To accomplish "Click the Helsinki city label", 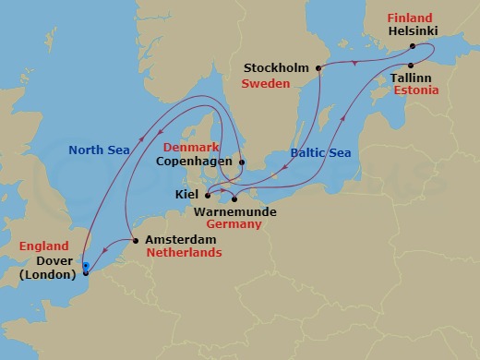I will (x=414, y=30).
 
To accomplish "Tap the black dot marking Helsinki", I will (x=412, y=44).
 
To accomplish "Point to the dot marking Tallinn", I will (x=409, y=65).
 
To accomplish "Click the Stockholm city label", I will (x=278, y=67).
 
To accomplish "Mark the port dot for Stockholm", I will (x=318, y=67).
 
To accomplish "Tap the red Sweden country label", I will (x=265, y=83).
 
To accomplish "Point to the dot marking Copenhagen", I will (x=242, y=162).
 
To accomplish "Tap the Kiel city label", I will (x=186, y=195).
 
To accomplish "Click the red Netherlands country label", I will (x=183, y=252).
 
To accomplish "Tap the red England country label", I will (x=43, y=246).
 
